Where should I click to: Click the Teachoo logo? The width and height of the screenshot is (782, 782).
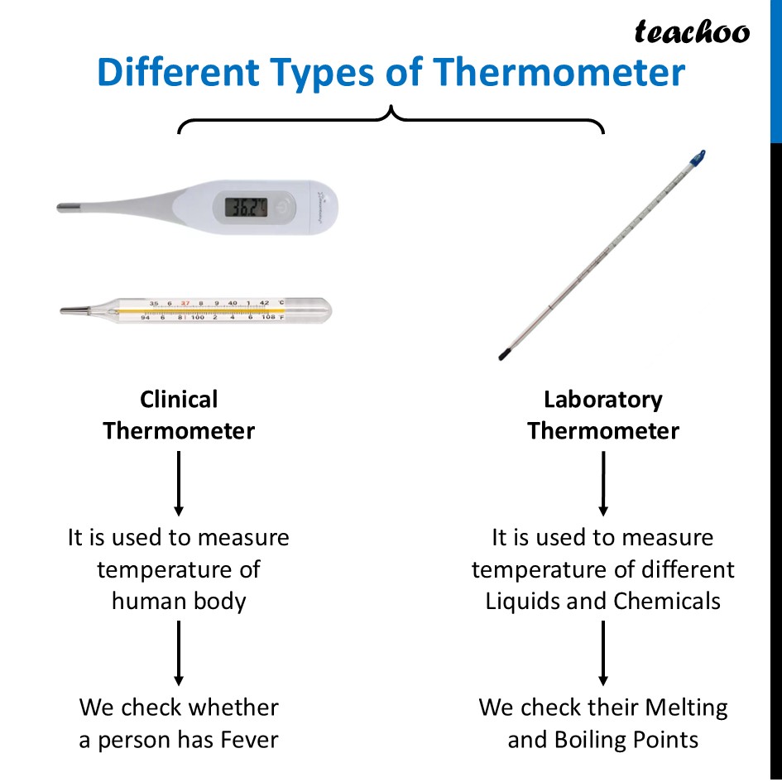pos(692,31)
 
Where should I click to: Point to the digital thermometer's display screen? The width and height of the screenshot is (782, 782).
pos(246,206)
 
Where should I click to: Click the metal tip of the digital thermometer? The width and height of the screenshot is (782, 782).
pos(70,207)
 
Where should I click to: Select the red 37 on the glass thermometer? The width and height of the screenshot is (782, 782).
pos(186,303)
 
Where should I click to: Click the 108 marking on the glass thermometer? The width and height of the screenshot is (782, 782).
pos(268,318)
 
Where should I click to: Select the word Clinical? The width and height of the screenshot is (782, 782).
pos(179,400)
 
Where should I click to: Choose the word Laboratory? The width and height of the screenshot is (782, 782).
pos(602,400)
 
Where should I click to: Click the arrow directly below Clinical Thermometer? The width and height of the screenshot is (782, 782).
pos(179,484)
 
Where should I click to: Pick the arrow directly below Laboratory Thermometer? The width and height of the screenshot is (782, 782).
pos(603,484)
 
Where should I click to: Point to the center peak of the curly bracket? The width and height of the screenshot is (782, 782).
pos(391,111)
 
